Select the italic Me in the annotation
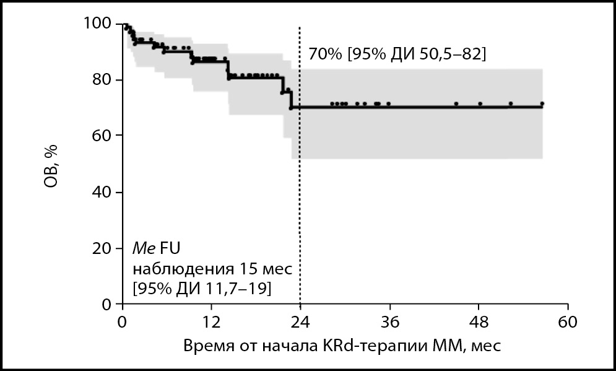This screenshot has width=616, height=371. pyautogui.click(x=144, y=249)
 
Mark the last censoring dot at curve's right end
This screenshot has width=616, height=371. pyautogui.click(x=542, y=103)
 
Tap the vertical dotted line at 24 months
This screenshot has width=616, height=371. pyautogui.click(x=300, y=186)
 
